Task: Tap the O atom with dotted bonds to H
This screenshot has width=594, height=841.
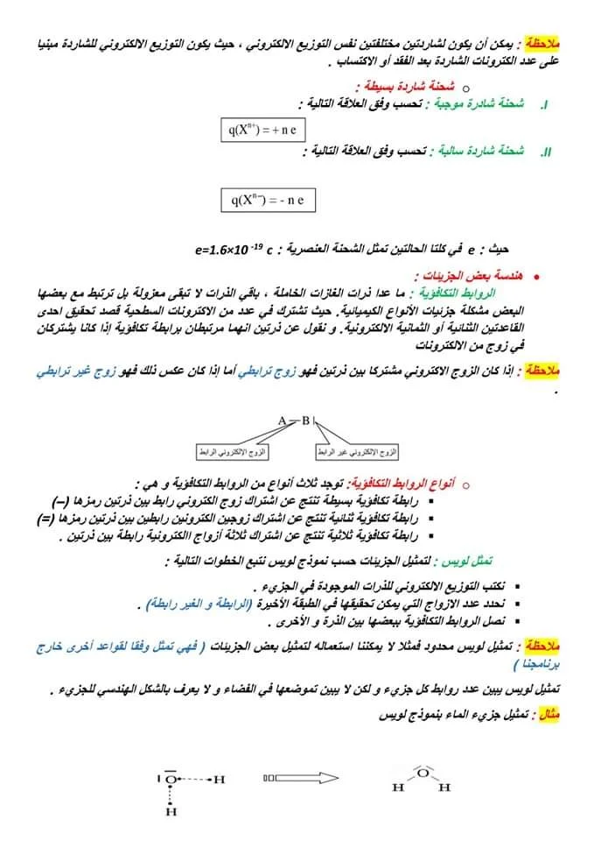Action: tap(171, 777)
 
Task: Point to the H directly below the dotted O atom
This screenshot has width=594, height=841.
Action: tap(171, 812)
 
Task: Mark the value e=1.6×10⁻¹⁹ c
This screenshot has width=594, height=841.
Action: tap(235, 250)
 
